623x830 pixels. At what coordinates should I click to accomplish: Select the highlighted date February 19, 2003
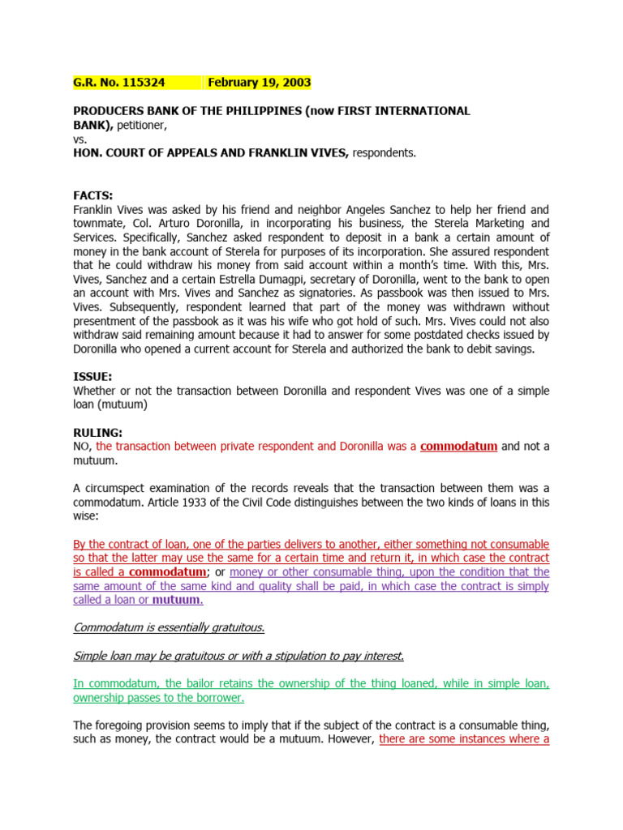click(259, 82)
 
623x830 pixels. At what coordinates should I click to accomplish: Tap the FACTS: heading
click(93, 195)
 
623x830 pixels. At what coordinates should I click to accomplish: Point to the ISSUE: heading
click(92, 377)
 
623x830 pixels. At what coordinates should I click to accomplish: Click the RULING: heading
click(98, 433)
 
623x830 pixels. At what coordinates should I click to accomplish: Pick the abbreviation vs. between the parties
click(80, 139)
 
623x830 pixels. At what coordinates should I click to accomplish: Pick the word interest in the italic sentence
click(381, 655)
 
